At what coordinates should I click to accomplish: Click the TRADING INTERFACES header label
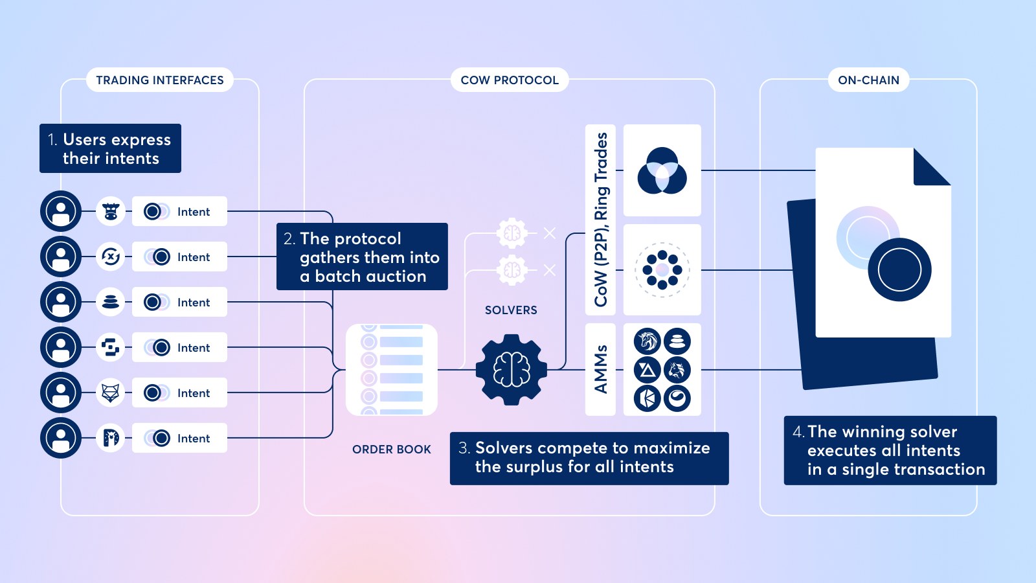160,80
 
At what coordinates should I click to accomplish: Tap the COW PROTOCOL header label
510,80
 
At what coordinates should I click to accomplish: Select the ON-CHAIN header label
868,80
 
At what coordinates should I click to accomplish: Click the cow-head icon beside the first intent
111,211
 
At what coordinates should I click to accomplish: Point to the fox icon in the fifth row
111,393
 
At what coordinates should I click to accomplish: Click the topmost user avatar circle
61,211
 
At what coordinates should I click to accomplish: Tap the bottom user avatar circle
61,438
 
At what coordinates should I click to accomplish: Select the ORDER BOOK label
391,450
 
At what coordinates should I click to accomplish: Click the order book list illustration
392,370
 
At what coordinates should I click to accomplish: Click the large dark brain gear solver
512,370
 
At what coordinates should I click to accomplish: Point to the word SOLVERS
511,310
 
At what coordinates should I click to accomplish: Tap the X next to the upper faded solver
550,233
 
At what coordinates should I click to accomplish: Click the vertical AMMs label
600,369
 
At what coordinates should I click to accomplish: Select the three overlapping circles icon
662,170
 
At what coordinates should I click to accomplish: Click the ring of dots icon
662,269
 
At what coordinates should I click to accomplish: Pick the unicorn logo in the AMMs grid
647,341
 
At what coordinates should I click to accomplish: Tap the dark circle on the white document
899,269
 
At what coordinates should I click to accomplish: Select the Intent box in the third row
179,302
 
